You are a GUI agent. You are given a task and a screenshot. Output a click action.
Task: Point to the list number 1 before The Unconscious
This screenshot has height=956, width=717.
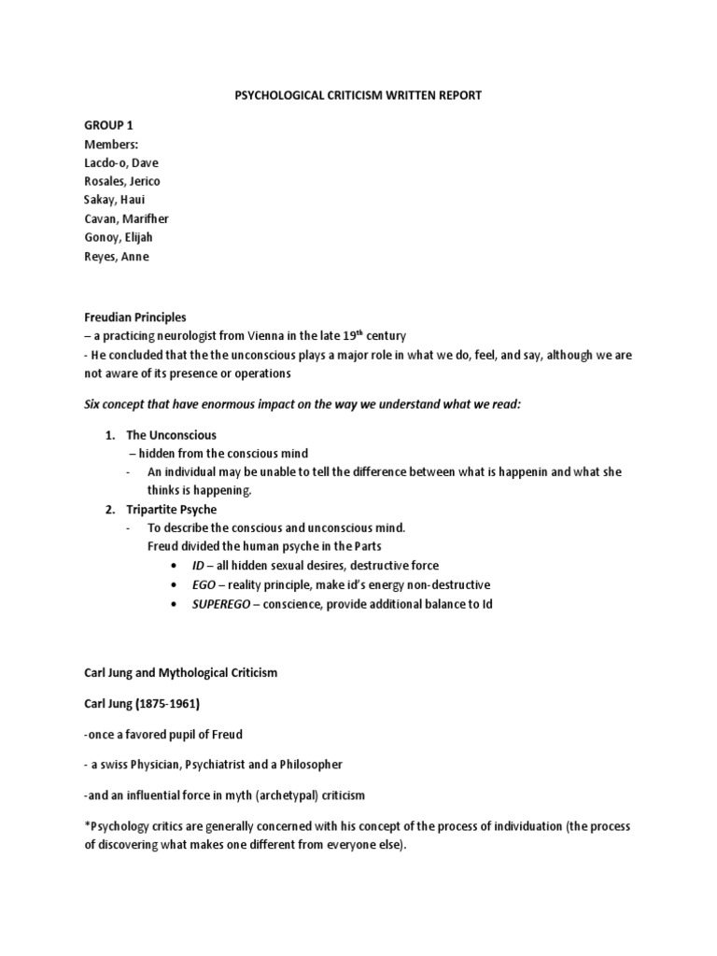point(108,435)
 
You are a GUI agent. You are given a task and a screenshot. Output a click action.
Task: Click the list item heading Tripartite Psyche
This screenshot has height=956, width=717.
point(171,509)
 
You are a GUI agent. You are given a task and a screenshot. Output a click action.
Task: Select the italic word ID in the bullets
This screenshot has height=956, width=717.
point(200,566)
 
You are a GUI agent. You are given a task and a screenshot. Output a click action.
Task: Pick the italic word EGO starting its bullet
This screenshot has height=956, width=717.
point(205,584)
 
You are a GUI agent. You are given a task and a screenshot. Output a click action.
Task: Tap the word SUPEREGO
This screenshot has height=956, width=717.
point(223,603)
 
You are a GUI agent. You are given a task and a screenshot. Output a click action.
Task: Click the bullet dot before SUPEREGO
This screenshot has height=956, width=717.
point(176,604)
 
